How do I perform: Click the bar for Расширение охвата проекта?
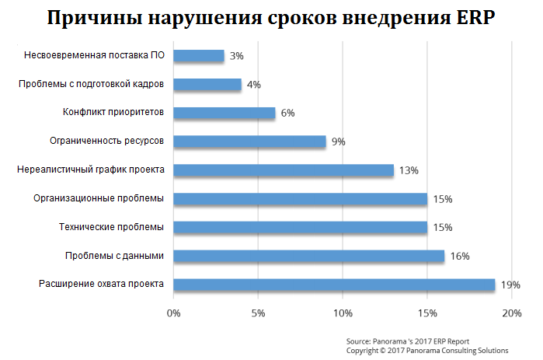334,285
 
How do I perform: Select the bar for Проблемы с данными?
308,256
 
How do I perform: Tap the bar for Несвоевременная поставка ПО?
199,56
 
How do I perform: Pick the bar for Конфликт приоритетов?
225,113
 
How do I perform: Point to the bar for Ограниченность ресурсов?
249,142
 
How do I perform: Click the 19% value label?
510,285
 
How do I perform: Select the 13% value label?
409,170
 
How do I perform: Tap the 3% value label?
237,56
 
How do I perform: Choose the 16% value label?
460,256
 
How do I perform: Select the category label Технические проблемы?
112,227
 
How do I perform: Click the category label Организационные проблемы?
99,198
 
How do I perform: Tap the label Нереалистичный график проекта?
91,170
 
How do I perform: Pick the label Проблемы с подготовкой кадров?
92,84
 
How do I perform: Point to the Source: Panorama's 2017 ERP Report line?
408,341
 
